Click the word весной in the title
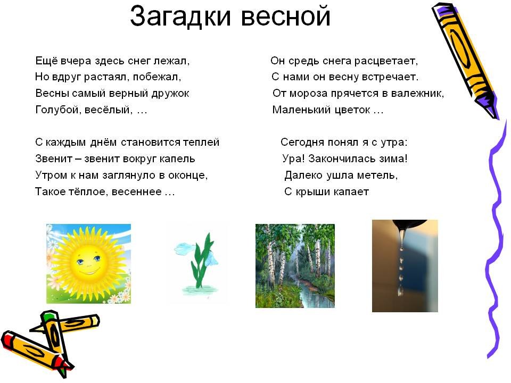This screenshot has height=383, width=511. [x=286, y=17]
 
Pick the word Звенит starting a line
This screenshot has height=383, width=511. [x=53, y=159]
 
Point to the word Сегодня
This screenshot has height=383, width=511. [x=302, y=143]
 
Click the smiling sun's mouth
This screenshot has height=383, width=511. [x=88, y=271]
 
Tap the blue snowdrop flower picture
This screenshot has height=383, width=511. [x=197, y=263]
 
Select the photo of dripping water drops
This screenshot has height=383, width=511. [x=405, y=266]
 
